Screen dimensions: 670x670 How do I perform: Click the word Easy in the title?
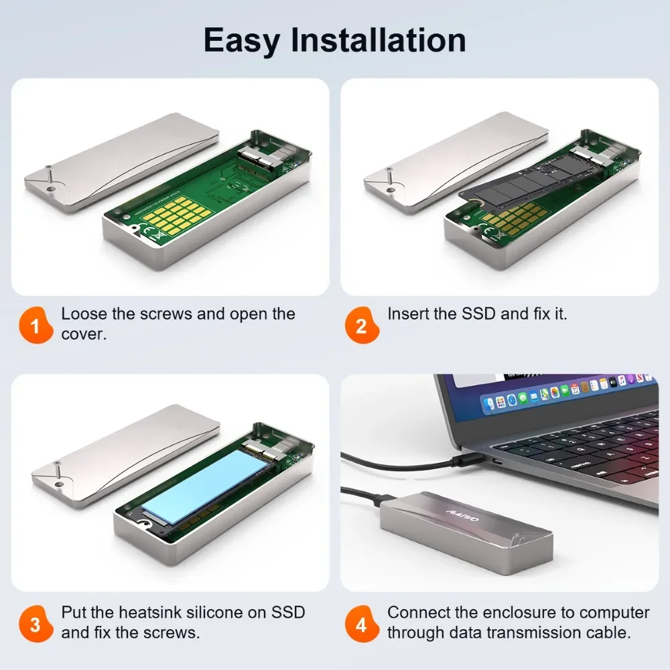pyautogui.click(x=243, y=40)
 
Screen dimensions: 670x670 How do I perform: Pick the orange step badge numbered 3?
pyautogui.click(x=36, y=625)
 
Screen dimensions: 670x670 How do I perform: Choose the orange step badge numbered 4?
pyautogui.click(x=361, y=625)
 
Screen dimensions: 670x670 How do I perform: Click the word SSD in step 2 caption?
pyautogui.click(x=480, y=314)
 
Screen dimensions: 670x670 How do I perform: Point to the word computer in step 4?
pyautogui.click(x=614, y=612)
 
